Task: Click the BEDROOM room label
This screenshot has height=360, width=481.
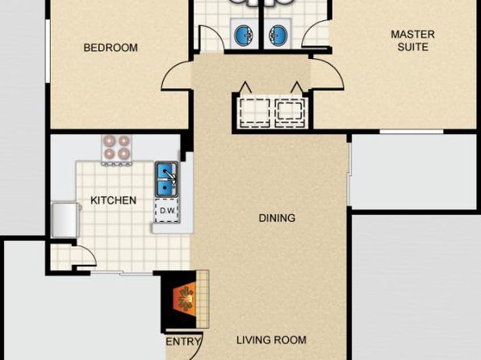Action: [111, 48]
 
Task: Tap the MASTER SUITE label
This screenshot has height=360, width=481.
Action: [412, 40]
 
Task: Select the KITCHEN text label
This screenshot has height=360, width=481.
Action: [113, 200]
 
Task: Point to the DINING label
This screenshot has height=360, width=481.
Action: [277, 218]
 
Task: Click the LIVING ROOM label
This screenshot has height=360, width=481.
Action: [271, 340]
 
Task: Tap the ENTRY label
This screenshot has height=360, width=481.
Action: [183, 341]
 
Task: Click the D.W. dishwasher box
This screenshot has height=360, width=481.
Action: [167, 211]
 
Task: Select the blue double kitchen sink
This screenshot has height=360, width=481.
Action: [166, 179]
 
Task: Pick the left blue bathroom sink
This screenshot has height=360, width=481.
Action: [245, 33]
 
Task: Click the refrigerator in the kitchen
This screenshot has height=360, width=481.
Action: [65, 220]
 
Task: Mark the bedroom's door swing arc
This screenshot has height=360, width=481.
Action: [169, 70]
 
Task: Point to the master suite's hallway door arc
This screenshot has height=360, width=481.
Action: [335, 69]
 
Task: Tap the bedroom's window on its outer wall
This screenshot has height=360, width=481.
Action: [48, 51]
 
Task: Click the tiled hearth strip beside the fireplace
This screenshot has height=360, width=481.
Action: [203, 299]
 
